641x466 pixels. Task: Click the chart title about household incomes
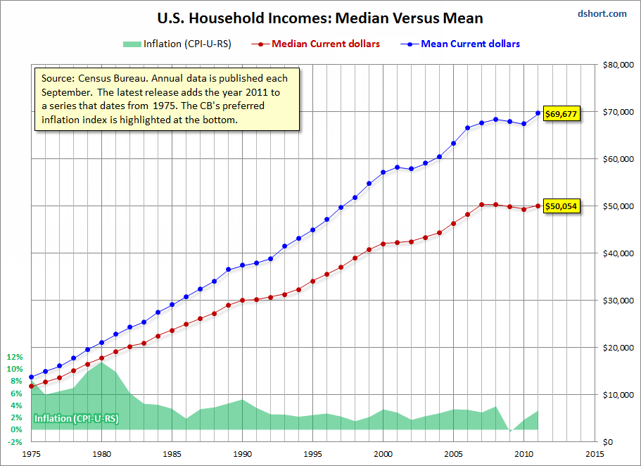click(x=321, y=18)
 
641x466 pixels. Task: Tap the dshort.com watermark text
click(x=602, y=13)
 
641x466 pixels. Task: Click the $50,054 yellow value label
click(x=561, y=207)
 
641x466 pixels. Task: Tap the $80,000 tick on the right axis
click(x=617, y=65)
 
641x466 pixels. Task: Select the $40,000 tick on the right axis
click(x=617, y=253)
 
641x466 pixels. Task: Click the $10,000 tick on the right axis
click(x=617, y=395)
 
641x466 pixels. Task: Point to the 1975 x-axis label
click(x=31, y=454)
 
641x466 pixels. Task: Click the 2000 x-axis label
click(x=383, y=454)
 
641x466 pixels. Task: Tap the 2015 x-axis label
click(x=594, y=454)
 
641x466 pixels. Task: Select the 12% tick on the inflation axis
click(x=15, y=357)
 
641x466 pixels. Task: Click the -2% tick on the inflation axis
click(x=15, y=442)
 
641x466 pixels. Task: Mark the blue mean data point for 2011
click(x=538, y=113)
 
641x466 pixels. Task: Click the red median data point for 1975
click(x=31, y=386)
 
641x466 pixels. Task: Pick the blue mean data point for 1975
click(x=31, y=377)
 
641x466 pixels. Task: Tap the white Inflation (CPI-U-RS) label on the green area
click(x=76, y=419)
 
